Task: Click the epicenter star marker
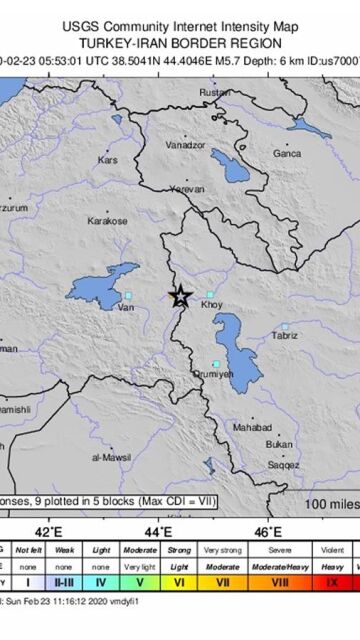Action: tap(180, 295)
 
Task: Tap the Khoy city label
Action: tap(212, 304)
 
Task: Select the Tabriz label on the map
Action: tap(285, 335)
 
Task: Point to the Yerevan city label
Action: tap(187, 188)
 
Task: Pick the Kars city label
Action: tap(107, 160)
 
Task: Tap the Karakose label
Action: tap(107, 220)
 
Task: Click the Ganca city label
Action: tap(287, 153)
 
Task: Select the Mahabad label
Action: tap(252, 427)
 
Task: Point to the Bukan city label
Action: tap(280, 444)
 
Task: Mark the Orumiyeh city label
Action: tap(213, 374)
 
